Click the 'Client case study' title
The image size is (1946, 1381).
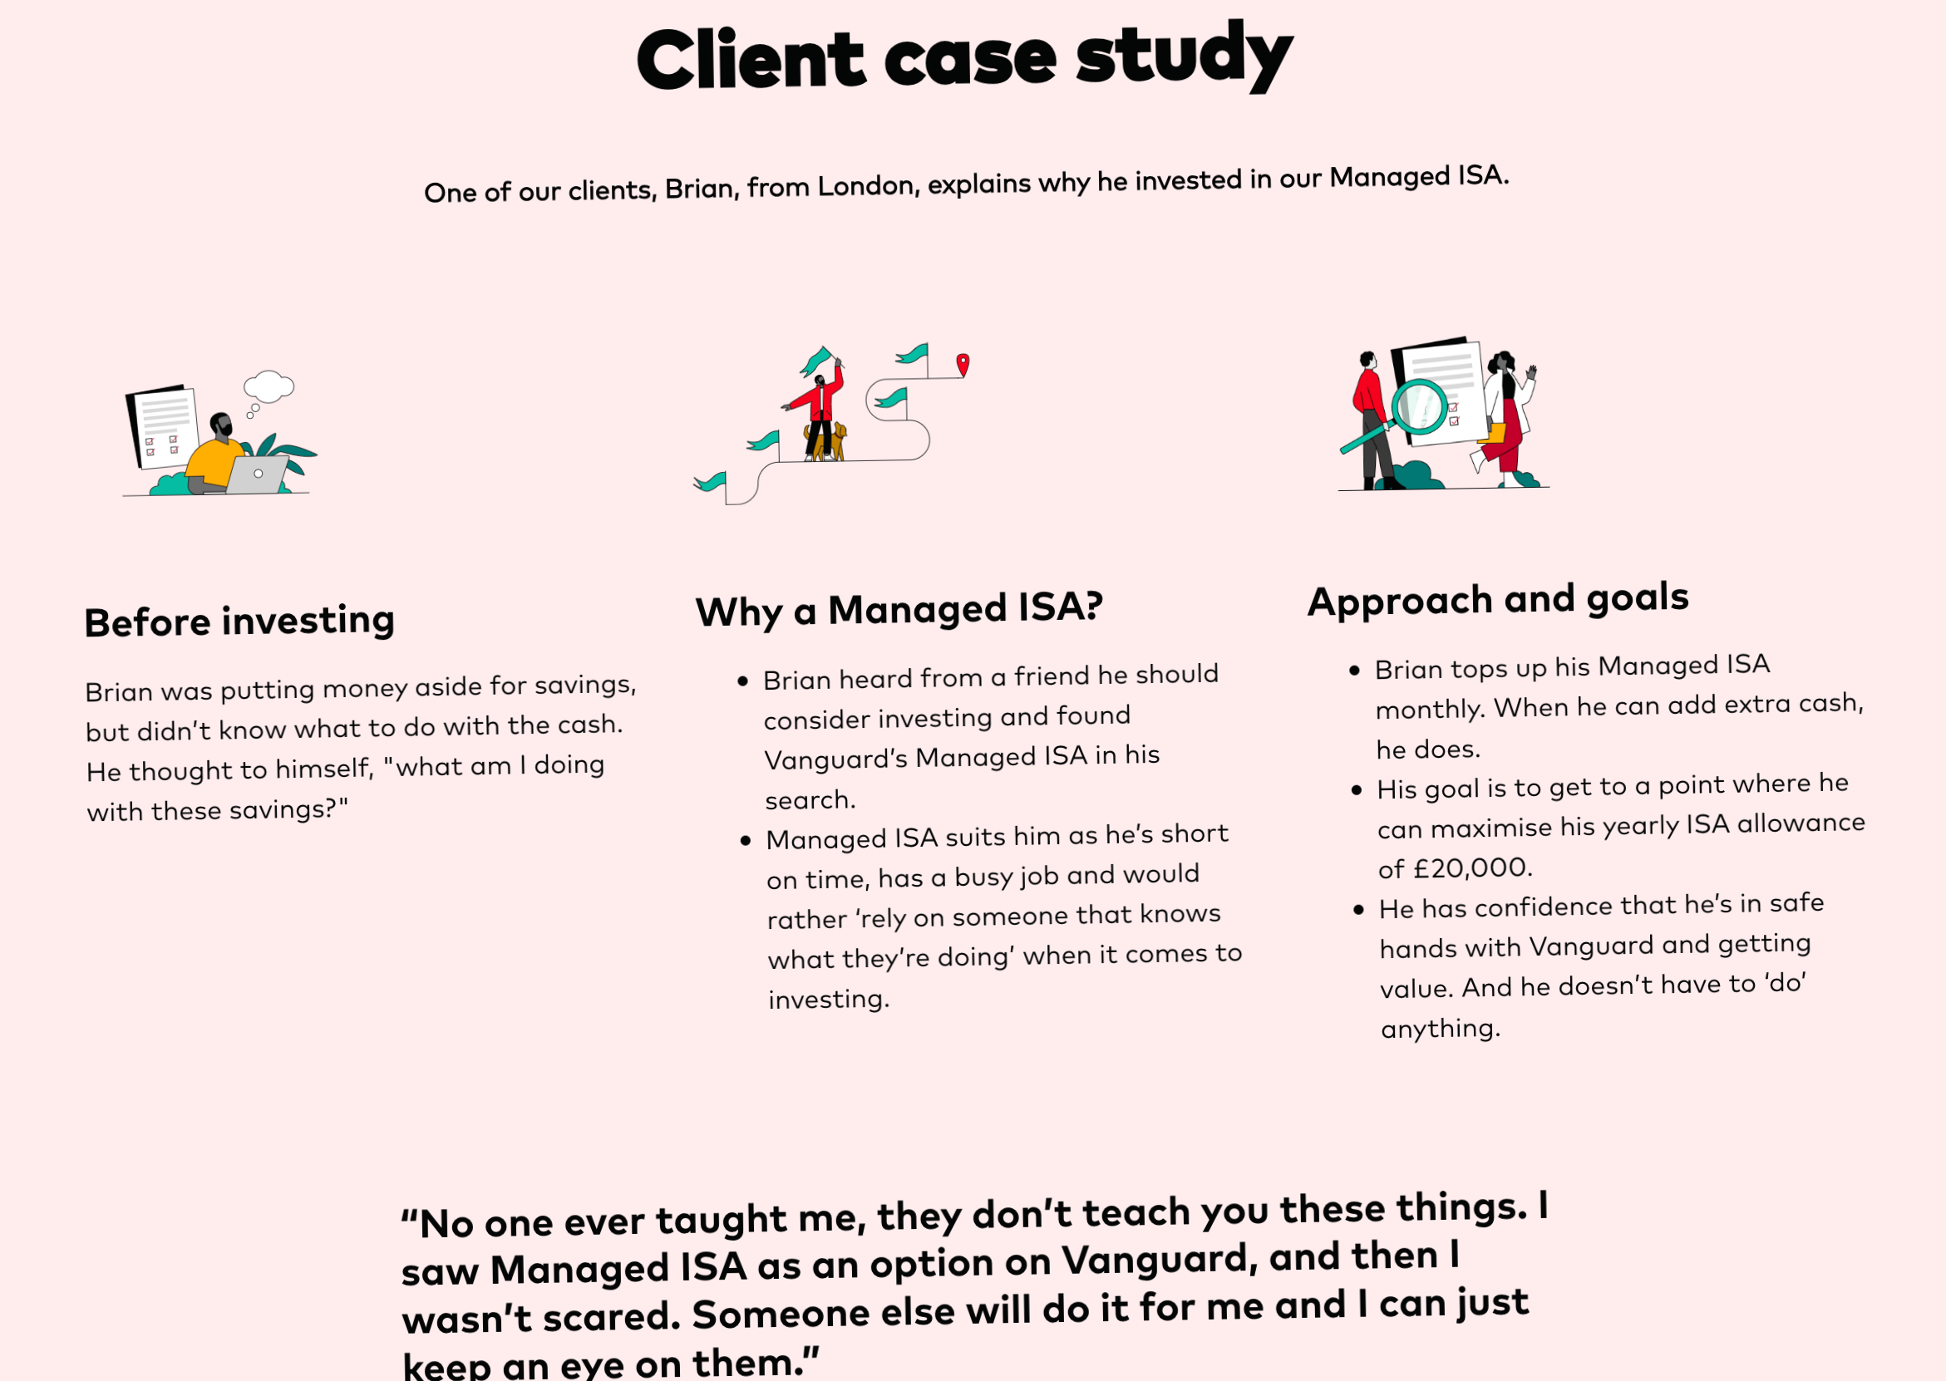click(x=964, y=58)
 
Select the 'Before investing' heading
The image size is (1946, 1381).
click(x=240, y=622)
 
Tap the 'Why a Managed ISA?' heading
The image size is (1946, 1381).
click(x=899, y=610)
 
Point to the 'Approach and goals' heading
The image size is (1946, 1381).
click(x=1498, y=599)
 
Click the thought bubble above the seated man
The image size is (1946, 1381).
click(x=268, y=386)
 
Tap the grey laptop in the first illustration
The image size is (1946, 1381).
click(x=258, y=474)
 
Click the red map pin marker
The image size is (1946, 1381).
click(x=963, y=364)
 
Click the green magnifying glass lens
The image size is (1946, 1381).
click(x=1420, y=406)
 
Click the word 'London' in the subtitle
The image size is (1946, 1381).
click(x=868, y=185)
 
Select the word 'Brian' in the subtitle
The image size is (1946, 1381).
click(x=699, y=188)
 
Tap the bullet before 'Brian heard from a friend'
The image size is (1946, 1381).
click(x=743, y=681)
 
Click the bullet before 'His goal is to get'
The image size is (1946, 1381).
click(x=1357, y=790)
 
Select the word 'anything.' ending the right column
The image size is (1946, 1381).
click(x=1440, y=1029)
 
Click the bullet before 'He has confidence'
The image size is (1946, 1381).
click(x=1358, y=910)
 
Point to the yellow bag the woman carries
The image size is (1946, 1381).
click(x=1493, y=433)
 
